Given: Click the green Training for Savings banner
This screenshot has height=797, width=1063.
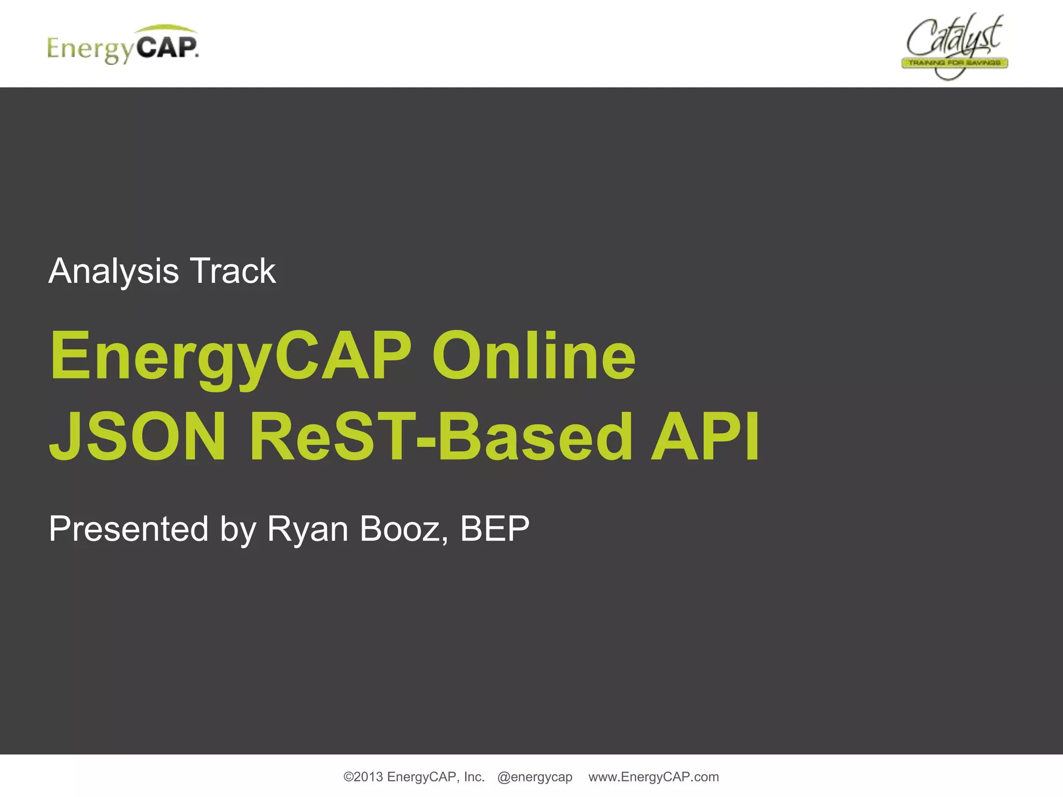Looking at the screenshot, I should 954,63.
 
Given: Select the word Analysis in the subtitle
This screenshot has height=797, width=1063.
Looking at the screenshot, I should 114,271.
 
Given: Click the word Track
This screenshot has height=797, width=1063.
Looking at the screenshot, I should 233,271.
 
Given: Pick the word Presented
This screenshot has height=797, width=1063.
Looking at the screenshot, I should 129,529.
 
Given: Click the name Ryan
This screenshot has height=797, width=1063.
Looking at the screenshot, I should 307,529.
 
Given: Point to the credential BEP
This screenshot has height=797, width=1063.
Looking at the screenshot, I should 495,529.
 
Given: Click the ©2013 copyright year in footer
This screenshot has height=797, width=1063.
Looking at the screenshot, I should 363,777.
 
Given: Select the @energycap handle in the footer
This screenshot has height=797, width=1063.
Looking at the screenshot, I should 535,777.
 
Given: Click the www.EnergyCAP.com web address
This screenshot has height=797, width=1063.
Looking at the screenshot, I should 653,777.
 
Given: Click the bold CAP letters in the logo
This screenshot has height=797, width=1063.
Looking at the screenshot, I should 167,48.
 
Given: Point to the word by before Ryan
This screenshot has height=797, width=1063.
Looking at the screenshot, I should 238,529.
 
